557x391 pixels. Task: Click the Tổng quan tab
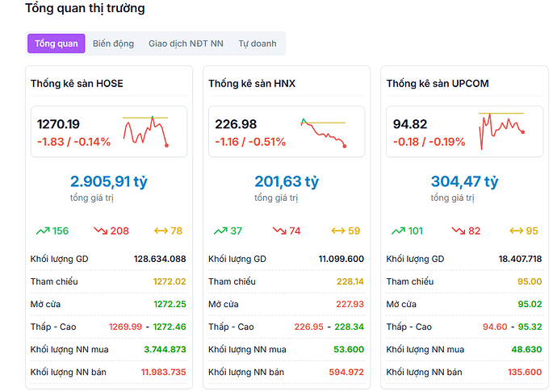(57, 44)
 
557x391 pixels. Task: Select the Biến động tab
(113, 44)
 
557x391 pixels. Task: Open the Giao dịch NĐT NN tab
(186, 44)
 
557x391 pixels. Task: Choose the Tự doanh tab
(257, 44)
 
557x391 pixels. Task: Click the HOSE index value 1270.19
(59, 124)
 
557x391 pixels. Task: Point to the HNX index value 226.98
(237, 124)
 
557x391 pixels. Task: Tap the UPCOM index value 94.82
(410, 124)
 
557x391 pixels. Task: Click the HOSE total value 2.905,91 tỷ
(108, 182)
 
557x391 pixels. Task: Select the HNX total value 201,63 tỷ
(287, 182)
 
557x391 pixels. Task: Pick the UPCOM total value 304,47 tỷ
(464, 182)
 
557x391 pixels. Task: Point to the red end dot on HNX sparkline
(345, 146)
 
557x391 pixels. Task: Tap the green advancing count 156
(61, 231)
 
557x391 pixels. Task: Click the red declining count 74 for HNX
(295, 231)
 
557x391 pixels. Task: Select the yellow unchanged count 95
(531, 231)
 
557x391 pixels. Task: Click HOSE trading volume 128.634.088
(160, 259)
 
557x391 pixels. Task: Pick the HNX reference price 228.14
(350, 281)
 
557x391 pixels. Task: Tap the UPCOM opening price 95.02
(529, 304)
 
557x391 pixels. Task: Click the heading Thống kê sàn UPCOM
(438, 84)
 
